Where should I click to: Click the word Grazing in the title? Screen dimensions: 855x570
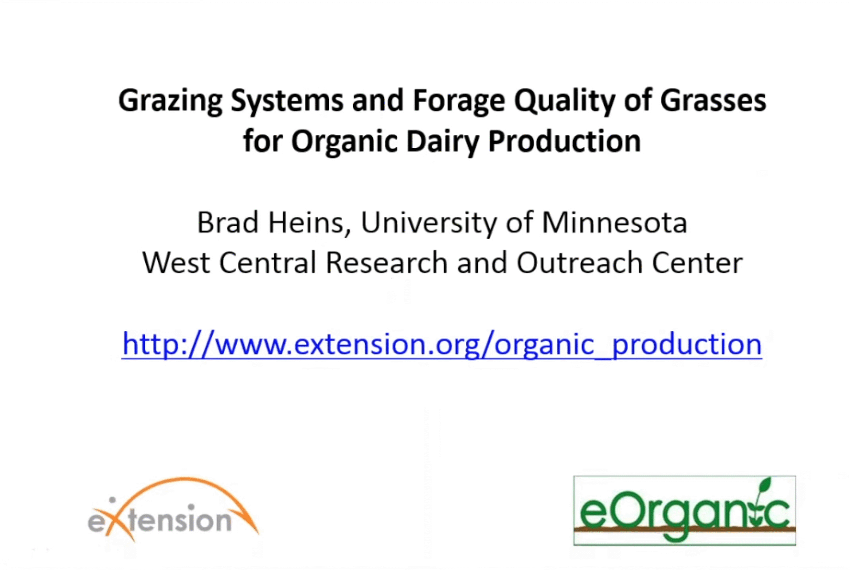click(170, 102)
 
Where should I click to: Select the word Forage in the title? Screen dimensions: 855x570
click(459, 102)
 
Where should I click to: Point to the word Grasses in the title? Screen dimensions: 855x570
click(713, 101)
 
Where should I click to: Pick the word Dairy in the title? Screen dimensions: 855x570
click(443, 142)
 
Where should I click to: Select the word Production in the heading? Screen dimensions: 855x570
click(564, 142)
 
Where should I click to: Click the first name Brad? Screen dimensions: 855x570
click(227, 223)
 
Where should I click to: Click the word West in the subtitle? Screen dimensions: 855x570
click(176, 263)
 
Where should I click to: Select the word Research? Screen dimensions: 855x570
click(386, 263)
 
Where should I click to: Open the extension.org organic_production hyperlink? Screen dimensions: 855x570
click(442, 344)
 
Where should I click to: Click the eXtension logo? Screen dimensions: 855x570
click(173, 510)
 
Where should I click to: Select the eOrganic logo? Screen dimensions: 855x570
click(684, 511)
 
